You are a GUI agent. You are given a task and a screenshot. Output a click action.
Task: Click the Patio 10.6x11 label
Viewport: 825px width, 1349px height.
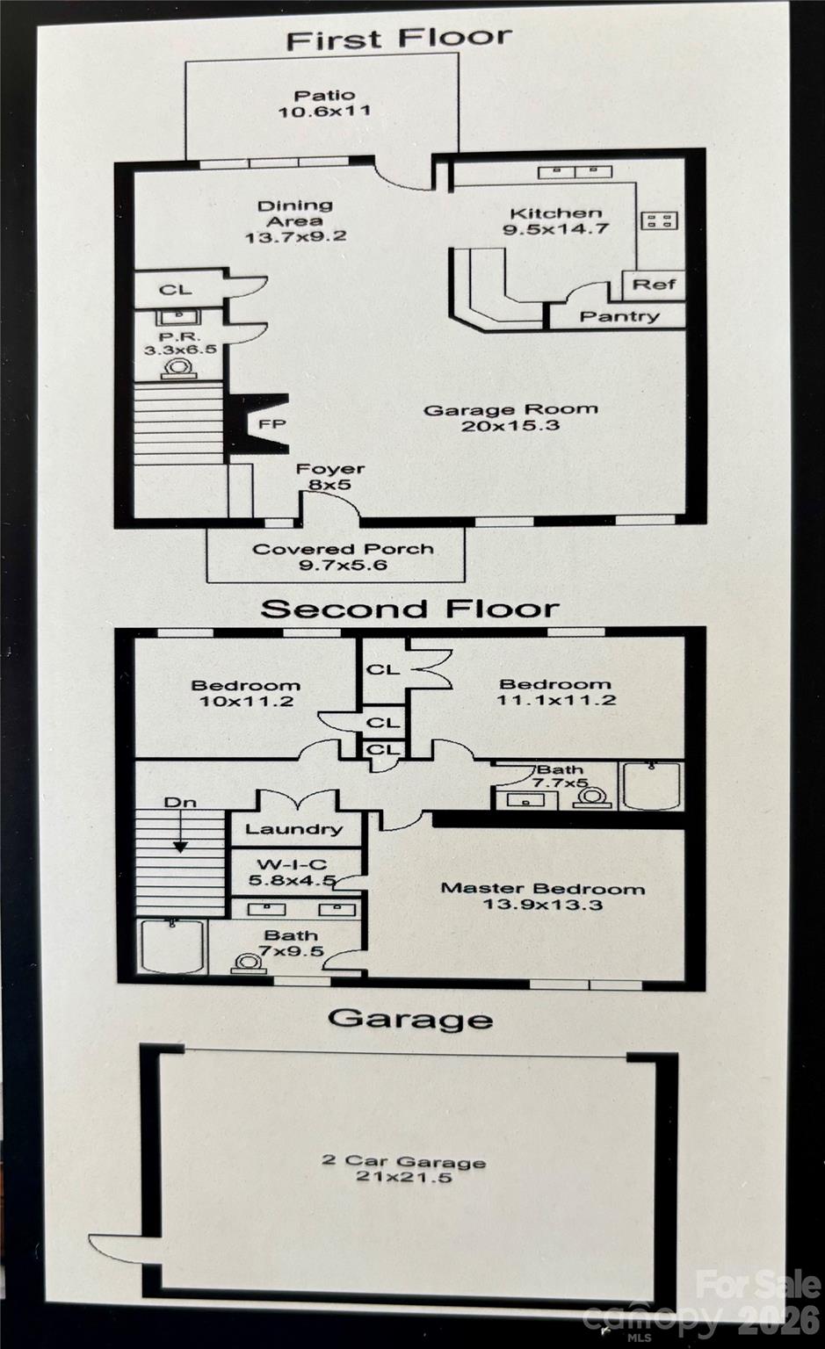tap(324, 103)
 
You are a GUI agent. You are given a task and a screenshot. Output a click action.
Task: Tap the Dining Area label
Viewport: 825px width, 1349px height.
tap(295, 220)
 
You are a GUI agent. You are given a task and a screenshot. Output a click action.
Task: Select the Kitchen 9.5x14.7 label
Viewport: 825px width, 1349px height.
tap(555, 220)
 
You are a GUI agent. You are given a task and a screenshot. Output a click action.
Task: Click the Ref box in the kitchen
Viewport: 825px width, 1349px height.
tap(655, 285)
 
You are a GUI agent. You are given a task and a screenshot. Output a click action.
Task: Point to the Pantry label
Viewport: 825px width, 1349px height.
tap(619, 316)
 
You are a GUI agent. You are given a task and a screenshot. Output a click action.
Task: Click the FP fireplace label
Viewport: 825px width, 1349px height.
tap(272, 424)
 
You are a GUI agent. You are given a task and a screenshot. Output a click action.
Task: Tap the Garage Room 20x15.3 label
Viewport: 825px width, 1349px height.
tap(510, 417)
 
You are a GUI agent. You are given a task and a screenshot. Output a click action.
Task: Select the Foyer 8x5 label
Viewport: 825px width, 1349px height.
tap(329, 477)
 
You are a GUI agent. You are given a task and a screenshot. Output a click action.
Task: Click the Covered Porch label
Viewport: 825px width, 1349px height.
tap(344, 557)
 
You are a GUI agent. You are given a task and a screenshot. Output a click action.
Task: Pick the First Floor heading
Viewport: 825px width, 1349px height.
tap(398, 39)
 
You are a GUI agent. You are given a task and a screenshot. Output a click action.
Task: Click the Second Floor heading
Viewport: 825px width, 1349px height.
tap(409, 609)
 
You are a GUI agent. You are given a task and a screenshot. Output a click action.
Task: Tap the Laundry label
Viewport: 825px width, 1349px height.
tap(293, 829)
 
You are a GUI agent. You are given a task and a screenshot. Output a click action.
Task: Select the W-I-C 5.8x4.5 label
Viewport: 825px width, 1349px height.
tap(293, 872)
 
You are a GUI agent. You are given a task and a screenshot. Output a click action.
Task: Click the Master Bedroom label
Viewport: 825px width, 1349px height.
tap(542, 896)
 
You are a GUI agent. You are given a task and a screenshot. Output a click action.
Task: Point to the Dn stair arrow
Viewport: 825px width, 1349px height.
tap(180, 826)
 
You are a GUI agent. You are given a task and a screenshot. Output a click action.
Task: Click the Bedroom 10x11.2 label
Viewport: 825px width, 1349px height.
tap(245, 693)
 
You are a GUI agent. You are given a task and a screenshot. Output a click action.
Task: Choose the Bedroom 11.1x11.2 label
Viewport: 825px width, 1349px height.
tap(555, 692)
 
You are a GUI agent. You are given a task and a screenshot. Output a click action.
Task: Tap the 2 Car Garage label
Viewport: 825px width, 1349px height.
tap(403, 1168)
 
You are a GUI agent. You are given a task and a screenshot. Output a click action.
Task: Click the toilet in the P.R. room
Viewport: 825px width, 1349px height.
tap(179, 369)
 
